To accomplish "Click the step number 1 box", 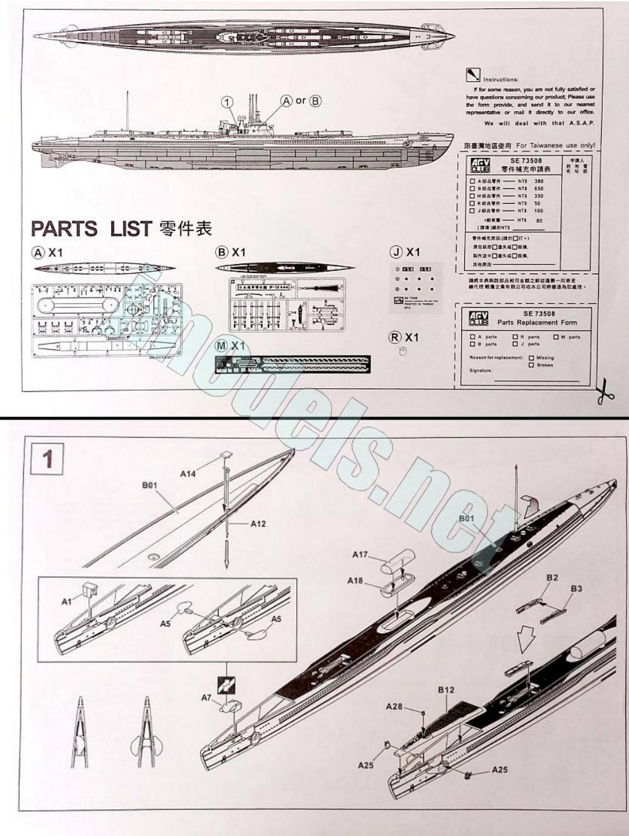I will click(x=47, y=459).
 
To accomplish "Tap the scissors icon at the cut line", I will click(x=605, y=391).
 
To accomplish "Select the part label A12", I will click(x=258, y=523).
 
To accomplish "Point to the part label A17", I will click(x=360, y=554).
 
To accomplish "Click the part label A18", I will click(x=355, y=581).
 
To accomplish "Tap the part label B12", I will click(x=446, y=689).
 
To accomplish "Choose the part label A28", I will click(x=394, y=706).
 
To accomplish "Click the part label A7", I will click(x=206, y=698).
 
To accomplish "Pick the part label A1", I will click(x=67, y=601).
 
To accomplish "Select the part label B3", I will click(x=576, y=588).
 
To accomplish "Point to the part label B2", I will click(x=552, y=577).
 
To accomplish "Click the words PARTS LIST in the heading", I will click(x=91, y=228).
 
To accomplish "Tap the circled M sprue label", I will click(x=222, y=346).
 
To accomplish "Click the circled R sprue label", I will click(x=395, y=337).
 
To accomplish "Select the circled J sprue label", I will click(x=396, y=252).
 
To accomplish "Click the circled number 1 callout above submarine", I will click(x=227, y=102).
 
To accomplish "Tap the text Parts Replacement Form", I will click(x=537, y=322).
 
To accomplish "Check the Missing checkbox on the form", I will click(x=532, y=358).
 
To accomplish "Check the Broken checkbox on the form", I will click(x=532, y=365).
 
